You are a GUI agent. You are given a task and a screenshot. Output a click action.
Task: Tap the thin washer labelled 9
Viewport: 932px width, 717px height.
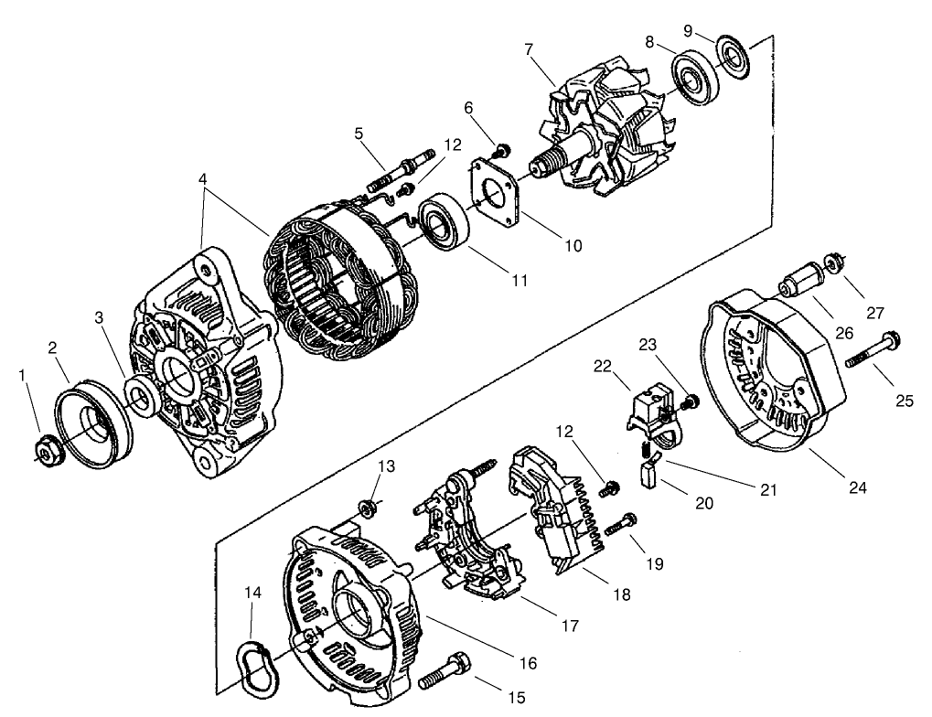(x=733, y=53)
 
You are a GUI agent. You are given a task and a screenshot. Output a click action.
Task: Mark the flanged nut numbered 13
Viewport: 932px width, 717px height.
(x=370, y=507)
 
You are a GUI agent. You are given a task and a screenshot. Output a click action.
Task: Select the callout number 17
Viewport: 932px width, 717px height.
(x=571, y=626)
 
